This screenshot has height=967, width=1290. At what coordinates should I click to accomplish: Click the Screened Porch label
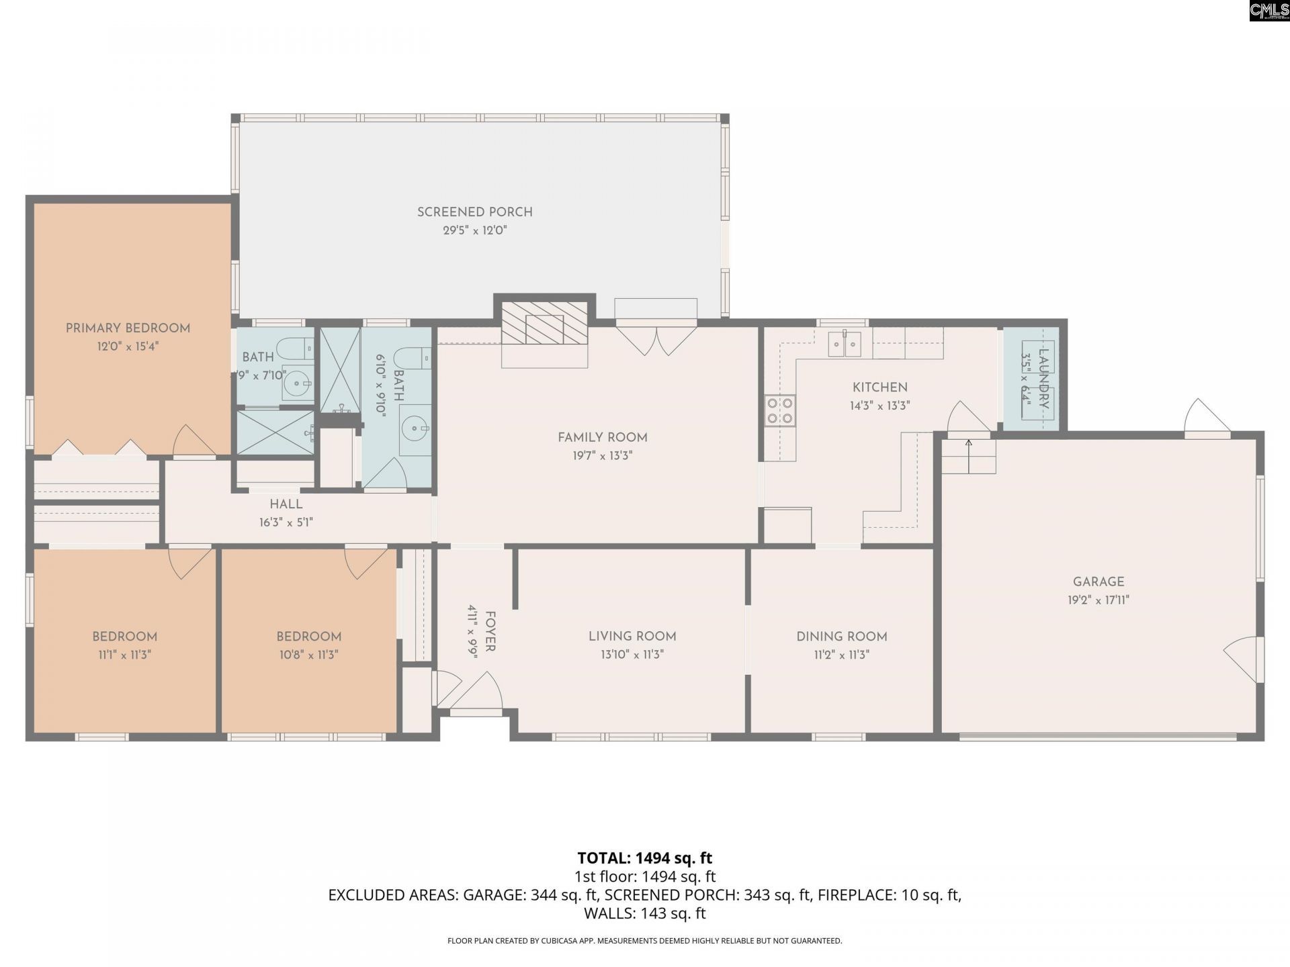tap(474, 212)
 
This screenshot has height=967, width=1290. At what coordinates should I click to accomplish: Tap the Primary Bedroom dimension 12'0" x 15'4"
tap(128, 347)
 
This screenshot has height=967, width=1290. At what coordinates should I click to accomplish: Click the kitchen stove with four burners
tap(779, 410)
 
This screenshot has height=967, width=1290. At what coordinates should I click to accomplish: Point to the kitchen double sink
tap(845, 344)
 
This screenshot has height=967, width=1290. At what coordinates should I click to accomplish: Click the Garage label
tap(1098, 582)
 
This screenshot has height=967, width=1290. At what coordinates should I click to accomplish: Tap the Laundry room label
tap(1043, 379)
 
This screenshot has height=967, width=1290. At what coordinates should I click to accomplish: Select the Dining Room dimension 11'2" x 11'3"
tap(841, 655)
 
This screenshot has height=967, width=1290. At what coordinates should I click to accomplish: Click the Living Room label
tap(632, 636)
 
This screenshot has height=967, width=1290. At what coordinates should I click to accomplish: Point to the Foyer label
tap(490, 631)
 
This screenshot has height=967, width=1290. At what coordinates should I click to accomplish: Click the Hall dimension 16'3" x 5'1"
tap(286, 522)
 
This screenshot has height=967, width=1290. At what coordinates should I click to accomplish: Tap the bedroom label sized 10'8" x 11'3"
tap(309, 636)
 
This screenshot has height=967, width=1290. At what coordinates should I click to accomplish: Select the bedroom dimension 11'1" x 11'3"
tap(124, 655)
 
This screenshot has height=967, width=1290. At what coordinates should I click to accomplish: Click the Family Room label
tap(602, 437)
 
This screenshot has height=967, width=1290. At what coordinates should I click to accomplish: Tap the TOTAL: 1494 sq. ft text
tap(644, 858)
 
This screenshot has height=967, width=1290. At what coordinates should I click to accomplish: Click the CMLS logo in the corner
tap(1268, 10)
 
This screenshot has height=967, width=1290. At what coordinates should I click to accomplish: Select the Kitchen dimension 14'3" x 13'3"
tap(879, 406)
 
